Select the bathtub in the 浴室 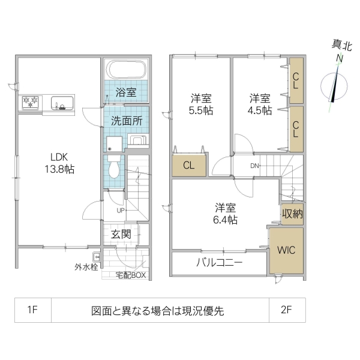(x=125, y=70)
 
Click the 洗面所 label (x=126, y=120)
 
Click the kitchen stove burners (x=31, y=102)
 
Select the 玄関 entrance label (x=121, y=234)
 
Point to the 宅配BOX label (x=131, y=275)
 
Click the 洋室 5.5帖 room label (x=201, y=103)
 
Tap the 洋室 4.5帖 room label (x=260, y=103)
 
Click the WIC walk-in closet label (x=286, y=249)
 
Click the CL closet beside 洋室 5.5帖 (x=188, y=166)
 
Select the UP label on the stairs (x=121, y=211)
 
